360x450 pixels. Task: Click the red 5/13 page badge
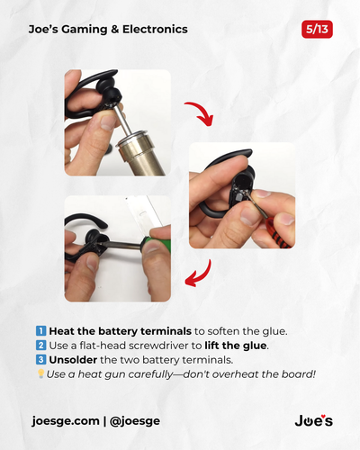point(317,30)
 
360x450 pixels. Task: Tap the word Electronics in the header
point(155,29)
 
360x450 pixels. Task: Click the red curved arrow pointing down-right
point(200,112)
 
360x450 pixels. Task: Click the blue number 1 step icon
point(40,331)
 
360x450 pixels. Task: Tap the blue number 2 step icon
point(40,346)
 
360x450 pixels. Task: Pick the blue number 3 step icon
point(40,360)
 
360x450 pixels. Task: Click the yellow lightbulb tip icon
point(40,373)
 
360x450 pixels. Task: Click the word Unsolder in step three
point(73,360)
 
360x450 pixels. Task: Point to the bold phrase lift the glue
point(236,346)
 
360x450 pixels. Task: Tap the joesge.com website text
point(66,421)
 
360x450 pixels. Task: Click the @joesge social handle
point(135,421)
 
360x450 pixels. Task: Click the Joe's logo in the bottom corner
point(314,420)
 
